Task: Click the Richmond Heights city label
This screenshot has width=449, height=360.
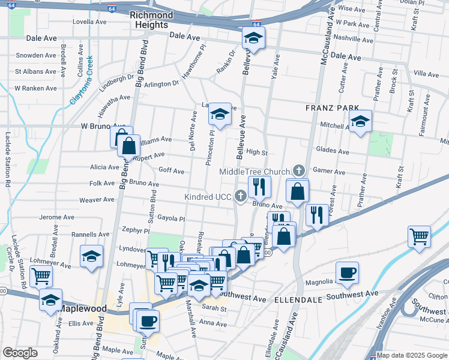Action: click(151, 20)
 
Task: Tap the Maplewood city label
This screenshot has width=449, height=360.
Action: click(83, 309)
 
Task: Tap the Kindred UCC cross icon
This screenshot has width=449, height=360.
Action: click(240, 196)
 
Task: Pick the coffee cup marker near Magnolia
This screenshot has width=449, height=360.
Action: click(347, 273)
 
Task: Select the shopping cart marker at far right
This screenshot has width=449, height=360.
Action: click(418, 236)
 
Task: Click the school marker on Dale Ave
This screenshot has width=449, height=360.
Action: click(253, 38)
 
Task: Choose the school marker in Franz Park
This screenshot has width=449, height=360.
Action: click(360, 122)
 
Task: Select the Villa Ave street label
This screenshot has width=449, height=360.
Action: click(427, 74)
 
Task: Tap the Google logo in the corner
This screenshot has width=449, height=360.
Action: click(20, 353)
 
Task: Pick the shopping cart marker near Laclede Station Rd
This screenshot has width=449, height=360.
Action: click(41, 276)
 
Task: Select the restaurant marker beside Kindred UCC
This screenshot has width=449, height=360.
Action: click(260, 187)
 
